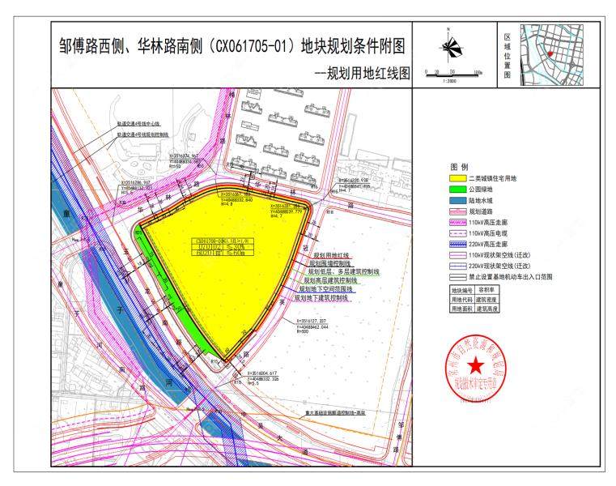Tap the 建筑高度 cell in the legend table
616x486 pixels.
(x=486, y=309)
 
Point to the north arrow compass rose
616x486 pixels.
(x=450, y=43)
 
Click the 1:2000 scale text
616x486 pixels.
(x=450, y=81)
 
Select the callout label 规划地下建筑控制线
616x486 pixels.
(x=321, y=298)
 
